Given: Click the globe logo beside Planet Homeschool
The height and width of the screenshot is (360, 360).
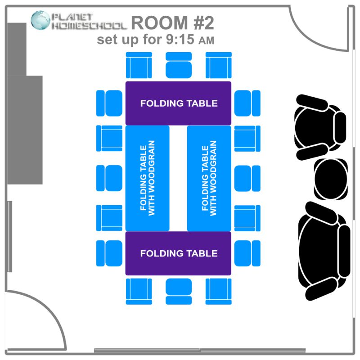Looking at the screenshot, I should pos(40,21).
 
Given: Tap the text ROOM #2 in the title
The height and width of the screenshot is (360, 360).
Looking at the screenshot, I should pos(172,22).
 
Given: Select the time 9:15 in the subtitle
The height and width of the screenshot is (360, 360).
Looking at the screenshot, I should pos(179,40).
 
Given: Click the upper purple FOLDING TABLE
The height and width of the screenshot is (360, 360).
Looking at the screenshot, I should pos(178,103).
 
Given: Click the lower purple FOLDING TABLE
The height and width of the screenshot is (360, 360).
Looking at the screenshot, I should pos(178,253).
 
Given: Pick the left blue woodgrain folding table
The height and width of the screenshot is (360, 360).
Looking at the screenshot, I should pos(147,178).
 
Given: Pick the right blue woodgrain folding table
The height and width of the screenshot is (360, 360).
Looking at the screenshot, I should pos(209,178).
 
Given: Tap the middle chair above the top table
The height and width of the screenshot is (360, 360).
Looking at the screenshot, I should pos(179,65).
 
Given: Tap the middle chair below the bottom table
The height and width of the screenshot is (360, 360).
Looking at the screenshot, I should pos(179,292).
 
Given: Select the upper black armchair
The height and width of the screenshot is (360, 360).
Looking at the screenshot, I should pos(320,126).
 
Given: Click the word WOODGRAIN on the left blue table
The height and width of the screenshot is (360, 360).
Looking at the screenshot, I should pos(152,178).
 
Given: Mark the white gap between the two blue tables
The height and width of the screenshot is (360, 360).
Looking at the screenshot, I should pos(178,178).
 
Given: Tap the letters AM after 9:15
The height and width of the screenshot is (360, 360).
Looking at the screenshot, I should pos(206,40).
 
